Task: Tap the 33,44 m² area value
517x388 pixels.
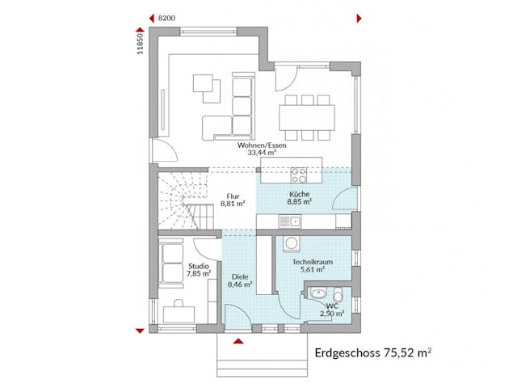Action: click(257, 153)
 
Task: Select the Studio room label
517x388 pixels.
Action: click(198, 266)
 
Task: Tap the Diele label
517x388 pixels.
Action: click(239, 276)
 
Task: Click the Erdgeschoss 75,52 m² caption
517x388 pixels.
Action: click(372, 352)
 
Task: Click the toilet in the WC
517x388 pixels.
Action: click(338, 295)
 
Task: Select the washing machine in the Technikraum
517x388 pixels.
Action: click(291, 244)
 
